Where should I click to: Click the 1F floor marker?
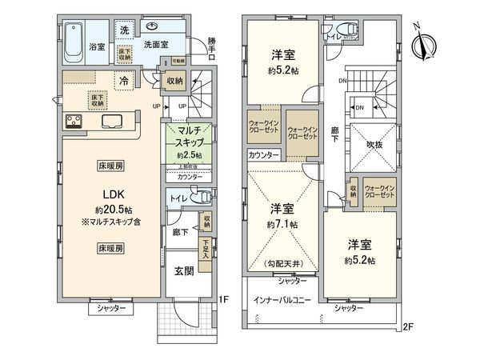226,301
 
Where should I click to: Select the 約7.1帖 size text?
283,224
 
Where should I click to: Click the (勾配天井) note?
283,263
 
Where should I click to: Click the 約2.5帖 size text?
189,154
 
